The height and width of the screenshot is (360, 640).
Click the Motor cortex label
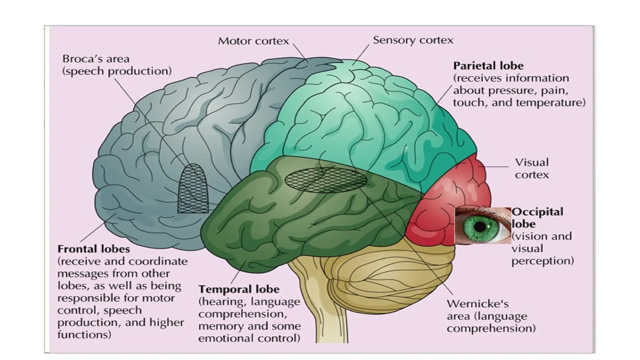point(253,41)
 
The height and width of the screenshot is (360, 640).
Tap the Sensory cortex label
point(412,40)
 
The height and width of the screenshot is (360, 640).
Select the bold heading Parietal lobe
point(488,66)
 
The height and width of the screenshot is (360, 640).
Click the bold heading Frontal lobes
point(93,249)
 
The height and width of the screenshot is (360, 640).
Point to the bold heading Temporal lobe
point(239,289)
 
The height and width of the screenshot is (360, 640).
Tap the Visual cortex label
point(531,168)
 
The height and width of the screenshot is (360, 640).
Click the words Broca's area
point(96,59)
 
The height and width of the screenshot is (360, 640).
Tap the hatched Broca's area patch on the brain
point(193,191)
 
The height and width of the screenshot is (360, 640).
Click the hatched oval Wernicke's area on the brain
point(326,180)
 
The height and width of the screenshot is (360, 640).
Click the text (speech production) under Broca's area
point(117,71)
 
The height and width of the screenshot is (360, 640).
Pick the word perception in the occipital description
point(542,261)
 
